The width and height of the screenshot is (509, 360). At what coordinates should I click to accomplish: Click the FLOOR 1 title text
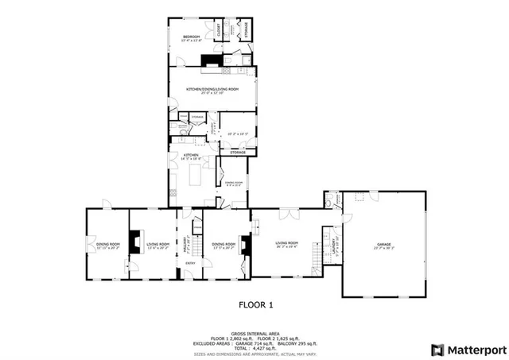point(256,304)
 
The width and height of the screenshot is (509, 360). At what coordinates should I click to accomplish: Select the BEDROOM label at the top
point(192,37)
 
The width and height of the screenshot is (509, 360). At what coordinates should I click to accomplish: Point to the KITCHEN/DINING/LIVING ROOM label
point(212,89)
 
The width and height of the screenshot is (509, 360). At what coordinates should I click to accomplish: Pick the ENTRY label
point(190,263)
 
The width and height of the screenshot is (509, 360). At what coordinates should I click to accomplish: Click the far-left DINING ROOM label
point(108,244)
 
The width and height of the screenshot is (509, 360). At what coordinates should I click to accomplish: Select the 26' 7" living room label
point(286,243)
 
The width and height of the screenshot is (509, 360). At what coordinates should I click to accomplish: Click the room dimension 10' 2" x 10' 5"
point(236,134)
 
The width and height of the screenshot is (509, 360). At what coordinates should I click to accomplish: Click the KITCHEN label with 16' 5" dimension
point(191,156)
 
